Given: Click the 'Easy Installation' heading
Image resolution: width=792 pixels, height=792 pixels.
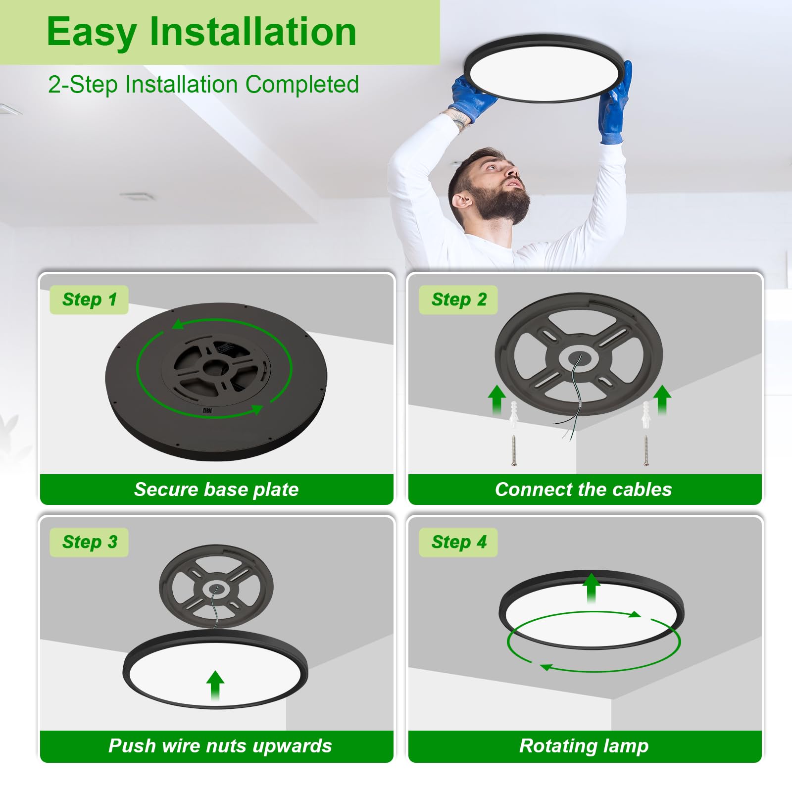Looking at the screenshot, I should tap(201, 32).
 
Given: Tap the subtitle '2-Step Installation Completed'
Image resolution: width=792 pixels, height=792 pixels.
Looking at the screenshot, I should tap(203, 85).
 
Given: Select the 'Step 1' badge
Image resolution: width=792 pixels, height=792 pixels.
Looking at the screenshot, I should tap(89, 299).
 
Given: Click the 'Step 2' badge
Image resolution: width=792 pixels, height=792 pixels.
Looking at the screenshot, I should tap(458, 299).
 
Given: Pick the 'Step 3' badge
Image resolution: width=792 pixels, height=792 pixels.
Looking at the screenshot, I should tap(89, 542).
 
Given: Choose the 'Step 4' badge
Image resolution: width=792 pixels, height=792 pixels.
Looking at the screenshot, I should tap(458, 542).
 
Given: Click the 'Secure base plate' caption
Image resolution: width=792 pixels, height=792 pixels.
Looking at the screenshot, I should tap(216, 490).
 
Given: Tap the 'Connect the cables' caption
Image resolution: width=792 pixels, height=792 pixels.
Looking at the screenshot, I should tap(584, 490).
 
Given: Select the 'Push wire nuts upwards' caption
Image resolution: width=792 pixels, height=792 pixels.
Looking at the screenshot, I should tap(220, 746).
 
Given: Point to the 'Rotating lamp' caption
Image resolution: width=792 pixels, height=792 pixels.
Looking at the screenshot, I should tap(584, 746).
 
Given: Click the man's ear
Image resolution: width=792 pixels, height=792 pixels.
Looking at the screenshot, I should tap(462, 201).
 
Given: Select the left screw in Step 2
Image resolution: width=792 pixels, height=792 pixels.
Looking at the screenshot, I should tap(514, 450).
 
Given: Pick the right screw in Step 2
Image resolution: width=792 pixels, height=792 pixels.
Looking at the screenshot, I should tap(646, 450).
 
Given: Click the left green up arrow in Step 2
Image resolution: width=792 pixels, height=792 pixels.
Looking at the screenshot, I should tap(496, 399).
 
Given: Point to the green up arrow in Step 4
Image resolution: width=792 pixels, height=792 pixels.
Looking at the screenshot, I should tap(591, 587).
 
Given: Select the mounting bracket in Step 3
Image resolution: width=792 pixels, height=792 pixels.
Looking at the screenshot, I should tap(216, 587).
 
